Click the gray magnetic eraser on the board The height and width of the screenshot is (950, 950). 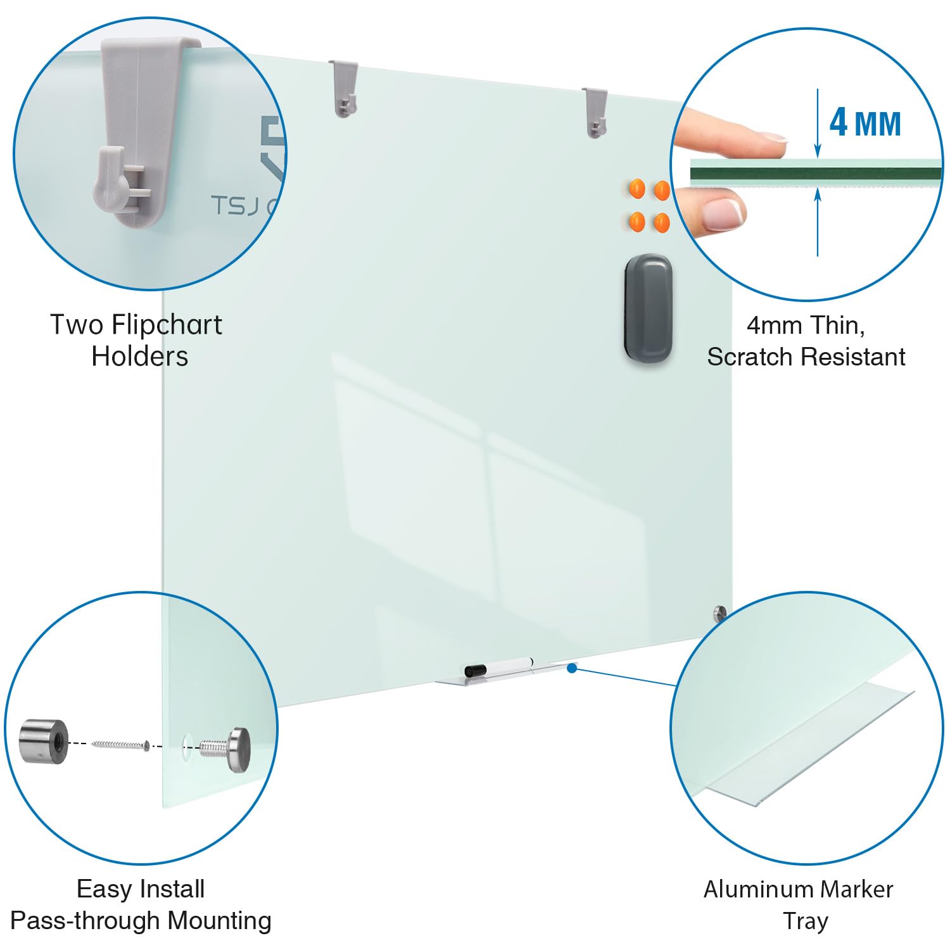click(648, 308)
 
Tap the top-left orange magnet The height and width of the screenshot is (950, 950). click(636, 189)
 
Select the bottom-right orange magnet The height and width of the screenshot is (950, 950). click(662, 222)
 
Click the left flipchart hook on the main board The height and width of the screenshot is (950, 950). click(343, 88)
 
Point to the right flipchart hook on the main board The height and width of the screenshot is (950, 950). click(595, 113)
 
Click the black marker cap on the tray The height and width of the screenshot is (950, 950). click(475, 670)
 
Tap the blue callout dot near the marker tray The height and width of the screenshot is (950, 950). click(572, 668)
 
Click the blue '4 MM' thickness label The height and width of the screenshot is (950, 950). click(865, 122)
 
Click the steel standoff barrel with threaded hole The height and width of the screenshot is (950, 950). click(44, 741)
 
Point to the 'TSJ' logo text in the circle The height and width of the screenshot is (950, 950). click(235, 205)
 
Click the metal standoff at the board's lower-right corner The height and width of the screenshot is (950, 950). click(719, 613)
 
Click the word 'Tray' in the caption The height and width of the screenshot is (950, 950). click(805, 921)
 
